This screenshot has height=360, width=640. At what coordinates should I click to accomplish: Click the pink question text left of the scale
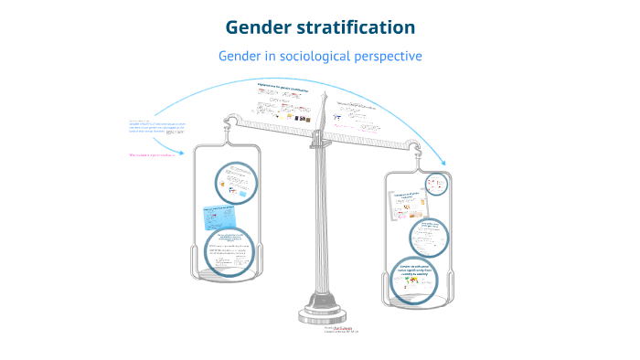point(150,155)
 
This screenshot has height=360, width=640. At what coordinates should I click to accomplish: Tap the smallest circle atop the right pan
point(438,183)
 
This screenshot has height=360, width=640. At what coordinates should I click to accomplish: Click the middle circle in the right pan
point(430,237)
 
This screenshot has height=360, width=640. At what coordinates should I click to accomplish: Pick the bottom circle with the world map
point(417,277)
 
